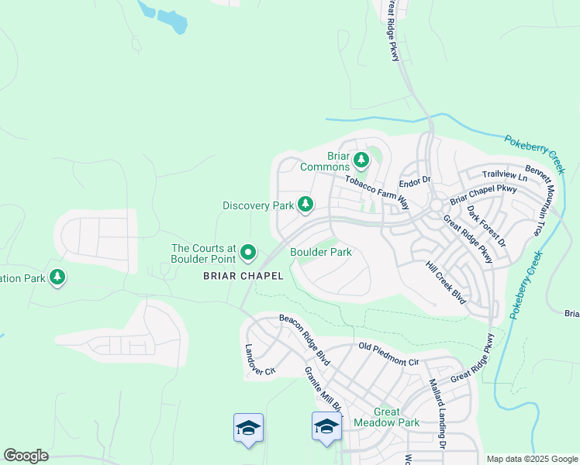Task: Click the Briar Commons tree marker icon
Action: (x=361, y=160)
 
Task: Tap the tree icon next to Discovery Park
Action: (x=306, y=204)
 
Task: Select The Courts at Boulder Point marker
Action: (x=248, y=252)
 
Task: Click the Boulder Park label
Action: (x=321, y=252)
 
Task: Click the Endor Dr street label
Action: (x=414, y=182)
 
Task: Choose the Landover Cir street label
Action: (x=260, y=360)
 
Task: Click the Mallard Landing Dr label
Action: (x=437, y=413)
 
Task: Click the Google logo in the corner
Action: (x=26, y=456)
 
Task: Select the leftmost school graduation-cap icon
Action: (x=249, y=428)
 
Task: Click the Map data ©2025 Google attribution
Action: (x=532, y=459)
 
